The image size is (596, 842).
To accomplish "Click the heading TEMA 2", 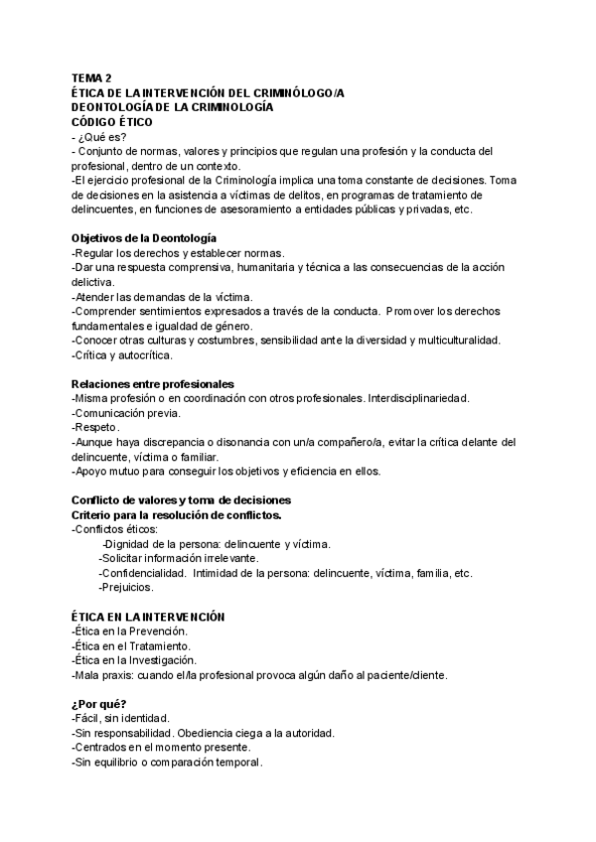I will coord(91,78).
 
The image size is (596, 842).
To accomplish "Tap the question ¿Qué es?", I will coord(102,136).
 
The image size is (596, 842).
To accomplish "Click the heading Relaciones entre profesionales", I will coord(152,383).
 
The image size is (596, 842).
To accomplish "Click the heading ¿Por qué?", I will coord(99,704).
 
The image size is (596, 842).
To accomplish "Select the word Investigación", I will coord(159,659).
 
